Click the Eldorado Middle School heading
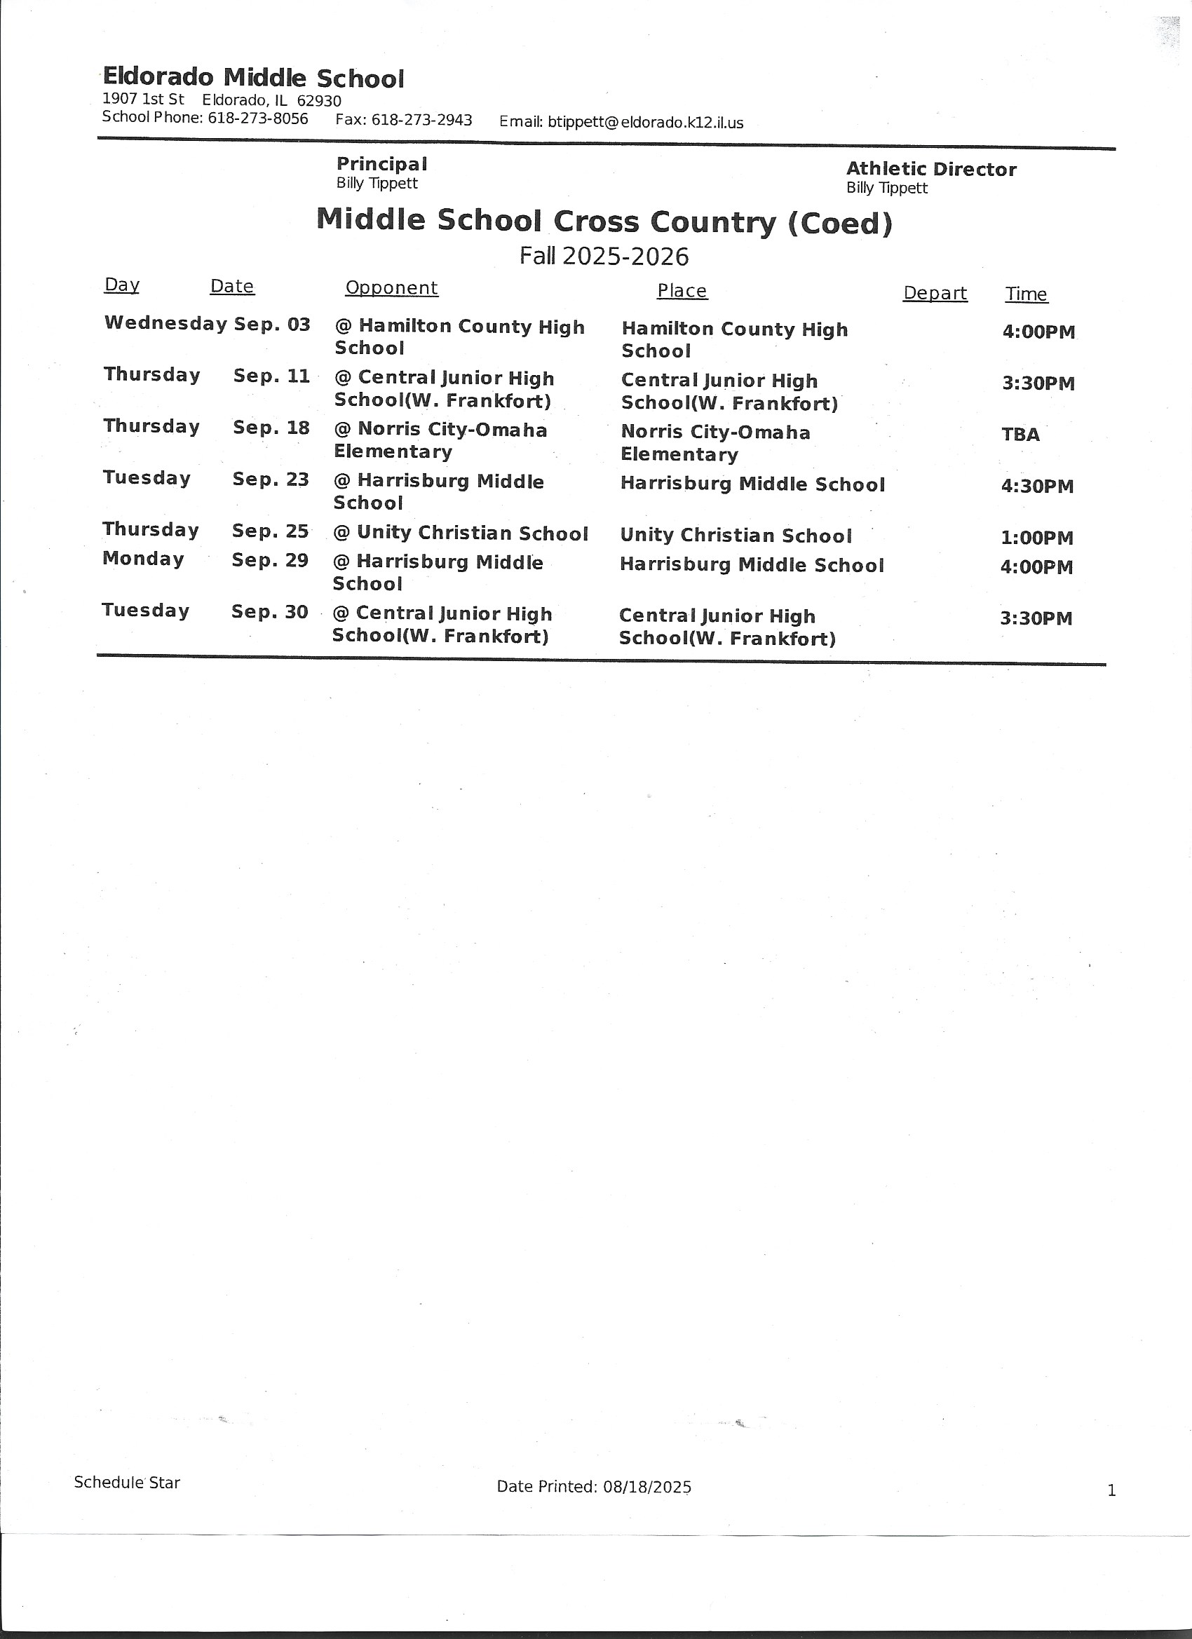[x=253, y=77]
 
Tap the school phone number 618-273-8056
[x=258, y=118]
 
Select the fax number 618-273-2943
[x=421, y=120]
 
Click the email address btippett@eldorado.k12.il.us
[x=645, y=122]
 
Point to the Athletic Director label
[x=931, y=169]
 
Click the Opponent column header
[x=391, y=287]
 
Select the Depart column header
[x=935, y=294]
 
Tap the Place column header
[x=682, y=290]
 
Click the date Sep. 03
[x=272, y=325]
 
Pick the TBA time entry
[x=1020, y=435]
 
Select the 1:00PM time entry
[x=1036, y=538]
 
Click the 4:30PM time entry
[x=1037, y=486]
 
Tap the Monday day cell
[x=143, y=559]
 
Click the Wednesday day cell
[x=165, y=323]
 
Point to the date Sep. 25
[x=271, y=531]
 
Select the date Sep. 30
[x=270, y=612]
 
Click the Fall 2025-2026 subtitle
[x=604, y=256]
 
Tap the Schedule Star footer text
[x=126, y=1483]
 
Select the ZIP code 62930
[x=319, y=101]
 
